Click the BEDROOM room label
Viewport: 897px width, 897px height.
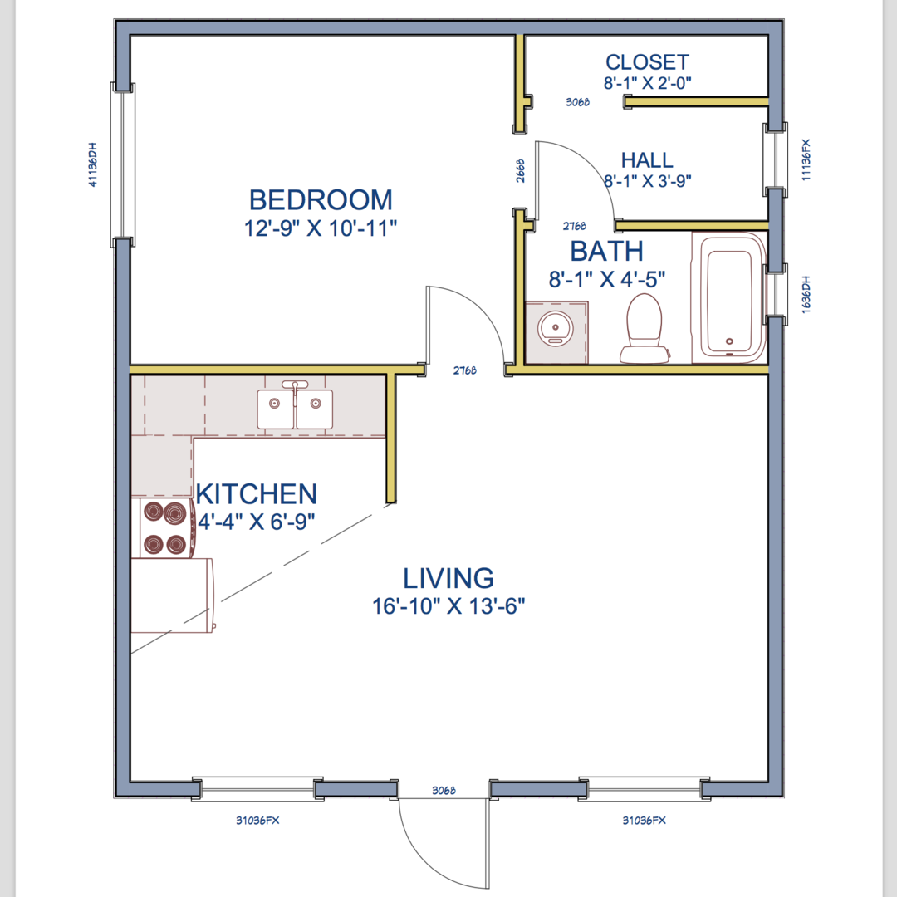[x=321, y=200]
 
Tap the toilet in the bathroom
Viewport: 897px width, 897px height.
[x=645, y=328]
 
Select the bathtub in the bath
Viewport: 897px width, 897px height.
[x=729, y=297]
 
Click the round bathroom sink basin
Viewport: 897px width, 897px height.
[x=556, y=329]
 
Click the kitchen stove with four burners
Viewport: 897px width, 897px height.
[x=164, y=528]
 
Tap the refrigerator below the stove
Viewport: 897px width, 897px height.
[x=173, y=596]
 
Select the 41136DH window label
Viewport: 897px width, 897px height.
[x=93, y=164]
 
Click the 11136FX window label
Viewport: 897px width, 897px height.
[x=806, y=160]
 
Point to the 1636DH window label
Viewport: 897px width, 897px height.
[x=806, y=295]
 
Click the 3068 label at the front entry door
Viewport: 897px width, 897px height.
[x=444, y=791]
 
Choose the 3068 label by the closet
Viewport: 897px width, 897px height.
[x=578, y=102]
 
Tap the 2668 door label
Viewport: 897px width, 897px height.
[x=520, y=171]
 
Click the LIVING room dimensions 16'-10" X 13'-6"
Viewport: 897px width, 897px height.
[x=448, y=606]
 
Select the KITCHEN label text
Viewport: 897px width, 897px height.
[x=257, y=494]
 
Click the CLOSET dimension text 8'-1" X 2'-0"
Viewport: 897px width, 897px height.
[x=648, y=84]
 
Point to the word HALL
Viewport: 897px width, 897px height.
[x=647, y=160]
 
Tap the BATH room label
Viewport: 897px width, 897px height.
[x=607, y=251]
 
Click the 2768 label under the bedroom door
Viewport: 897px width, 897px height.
[x=465, y=370]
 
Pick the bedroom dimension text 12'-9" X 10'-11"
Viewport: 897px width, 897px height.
[x=321, y=228]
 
